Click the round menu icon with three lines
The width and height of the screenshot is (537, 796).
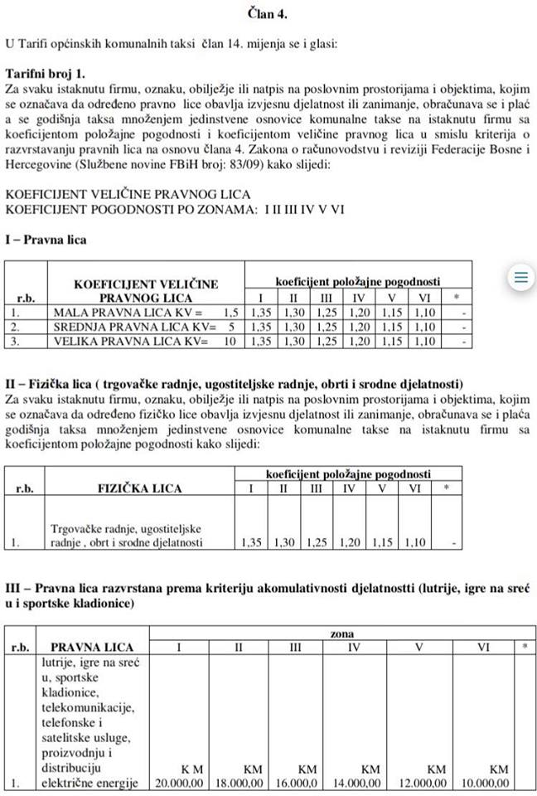tap(520, 278)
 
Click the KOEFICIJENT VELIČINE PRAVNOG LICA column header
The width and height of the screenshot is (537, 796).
tap(147, 291)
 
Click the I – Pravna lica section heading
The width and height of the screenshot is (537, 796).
tap(46, 240)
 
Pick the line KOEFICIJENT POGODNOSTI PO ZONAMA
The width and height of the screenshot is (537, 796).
tap(175, 208)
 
